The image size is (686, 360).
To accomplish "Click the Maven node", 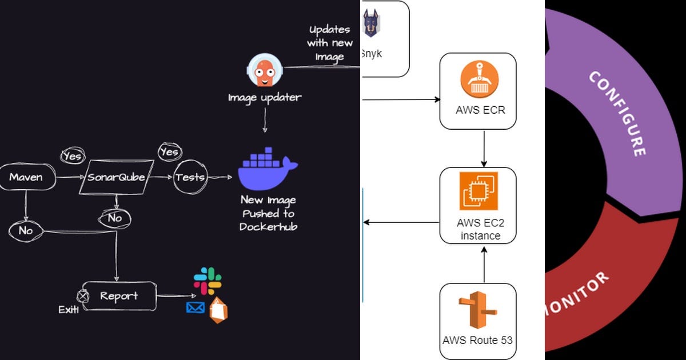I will coord(26,177).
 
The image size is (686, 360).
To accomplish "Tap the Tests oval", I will coord(190,177).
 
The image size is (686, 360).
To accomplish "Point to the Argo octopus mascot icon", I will coord(264,70).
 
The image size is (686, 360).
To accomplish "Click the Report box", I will coord(119,296).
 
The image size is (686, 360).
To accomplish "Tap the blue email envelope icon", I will coord(196,308).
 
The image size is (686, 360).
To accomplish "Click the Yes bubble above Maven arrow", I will coord(73,155).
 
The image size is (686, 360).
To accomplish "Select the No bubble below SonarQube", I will coord(115,218).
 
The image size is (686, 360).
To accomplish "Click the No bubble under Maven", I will coord(26,231).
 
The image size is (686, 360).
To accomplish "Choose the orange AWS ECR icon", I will coord(480,81).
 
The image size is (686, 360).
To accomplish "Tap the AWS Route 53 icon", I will coord(477,311).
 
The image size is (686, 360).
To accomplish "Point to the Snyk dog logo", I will coord(372,26).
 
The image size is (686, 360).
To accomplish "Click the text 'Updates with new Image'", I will coord(330,43).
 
